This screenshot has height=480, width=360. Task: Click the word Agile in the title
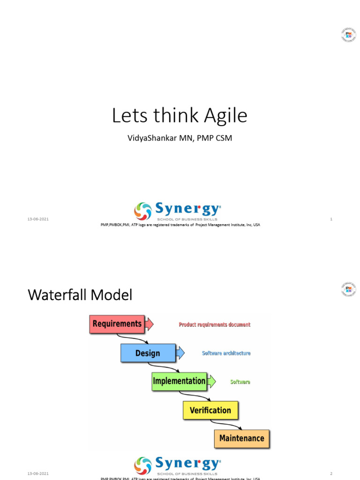click(224, 116)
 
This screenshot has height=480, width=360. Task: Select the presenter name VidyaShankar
click(148, 138)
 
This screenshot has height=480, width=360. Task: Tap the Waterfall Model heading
click(80, 295)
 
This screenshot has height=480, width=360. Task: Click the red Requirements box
click(117, 324)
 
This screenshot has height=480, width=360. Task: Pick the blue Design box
click(148, 353)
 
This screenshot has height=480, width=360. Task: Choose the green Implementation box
click(179, 381)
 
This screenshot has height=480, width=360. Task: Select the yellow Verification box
click(210, 410)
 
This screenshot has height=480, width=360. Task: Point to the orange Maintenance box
click(242, 438)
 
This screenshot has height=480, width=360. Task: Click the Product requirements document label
click(215, 324)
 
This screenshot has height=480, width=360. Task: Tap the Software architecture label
click(226, 353)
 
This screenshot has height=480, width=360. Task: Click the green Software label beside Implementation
click(240, 382)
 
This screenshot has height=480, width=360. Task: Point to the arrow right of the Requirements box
click(150, 323)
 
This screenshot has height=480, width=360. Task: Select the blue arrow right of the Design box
click(180, 352)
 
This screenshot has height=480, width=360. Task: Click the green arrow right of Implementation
click(211, 381)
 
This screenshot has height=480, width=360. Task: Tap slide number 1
click(331, 219)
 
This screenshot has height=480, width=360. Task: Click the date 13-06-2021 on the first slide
click(38, 219)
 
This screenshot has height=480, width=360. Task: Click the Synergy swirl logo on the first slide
click(142, 211)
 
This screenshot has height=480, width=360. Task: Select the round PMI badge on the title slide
click(348, 35)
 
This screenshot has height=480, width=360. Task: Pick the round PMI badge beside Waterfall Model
click(348, 289)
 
